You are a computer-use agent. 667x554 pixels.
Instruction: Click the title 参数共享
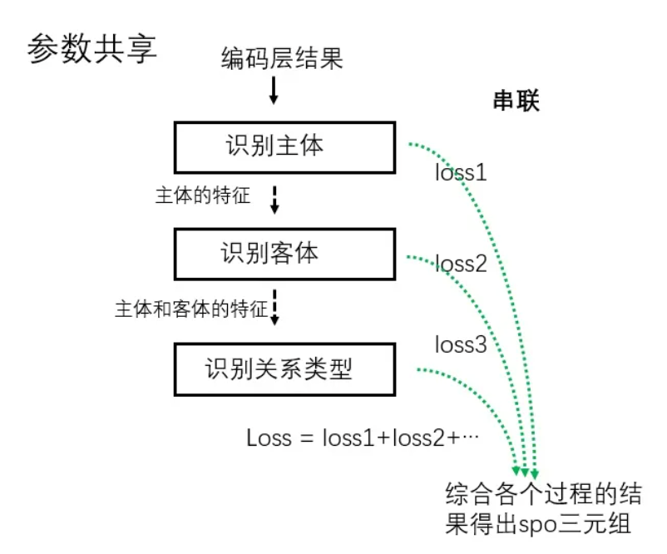(x=92, y=49)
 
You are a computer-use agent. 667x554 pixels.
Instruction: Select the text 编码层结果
(x=282, y=59)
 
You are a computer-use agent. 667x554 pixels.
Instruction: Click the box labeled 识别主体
(x=284, y=147)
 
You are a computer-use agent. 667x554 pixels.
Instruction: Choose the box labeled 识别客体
(x=284, y=254)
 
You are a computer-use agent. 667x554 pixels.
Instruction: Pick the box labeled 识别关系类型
(x=284, y=369)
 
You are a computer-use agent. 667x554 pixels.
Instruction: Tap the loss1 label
(x=461, y=173)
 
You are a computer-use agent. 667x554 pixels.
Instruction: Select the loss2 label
(x=461, y=265)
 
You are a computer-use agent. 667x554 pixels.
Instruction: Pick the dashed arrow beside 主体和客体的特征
(x=275, y=307)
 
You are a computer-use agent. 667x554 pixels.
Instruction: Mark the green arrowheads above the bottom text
(x=527, y=472)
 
